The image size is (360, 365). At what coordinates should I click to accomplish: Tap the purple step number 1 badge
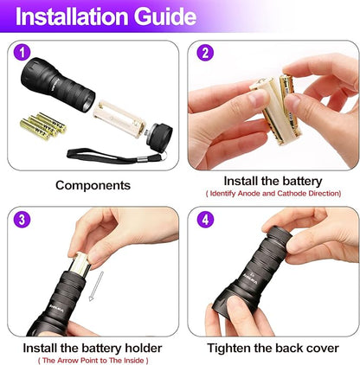(x=23, y=53)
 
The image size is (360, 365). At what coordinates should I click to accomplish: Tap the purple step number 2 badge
(x=206, y=53)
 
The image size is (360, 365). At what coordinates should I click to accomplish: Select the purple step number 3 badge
(x=23, y=218)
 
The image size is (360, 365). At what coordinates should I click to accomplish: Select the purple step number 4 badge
(x=206, y=218)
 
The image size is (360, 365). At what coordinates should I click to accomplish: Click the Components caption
(x=93, y=185)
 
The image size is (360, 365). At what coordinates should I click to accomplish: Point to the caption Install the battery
(x=273, y=181)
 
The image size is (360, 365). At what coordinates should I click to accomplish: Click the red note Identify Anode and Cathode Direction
(x=273, y=194)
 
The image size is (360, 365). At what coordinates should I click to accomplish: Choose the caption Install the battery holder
(x=93, y=348)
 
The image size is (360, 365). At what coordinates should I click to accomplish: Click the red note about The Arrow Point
(x=93, y=360)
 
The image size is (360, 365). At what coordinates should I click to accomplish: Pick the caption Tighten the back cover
(x=273, y=348)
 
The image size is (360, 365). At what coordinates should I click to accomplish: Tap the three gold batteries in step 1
(x=43, y=125)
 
